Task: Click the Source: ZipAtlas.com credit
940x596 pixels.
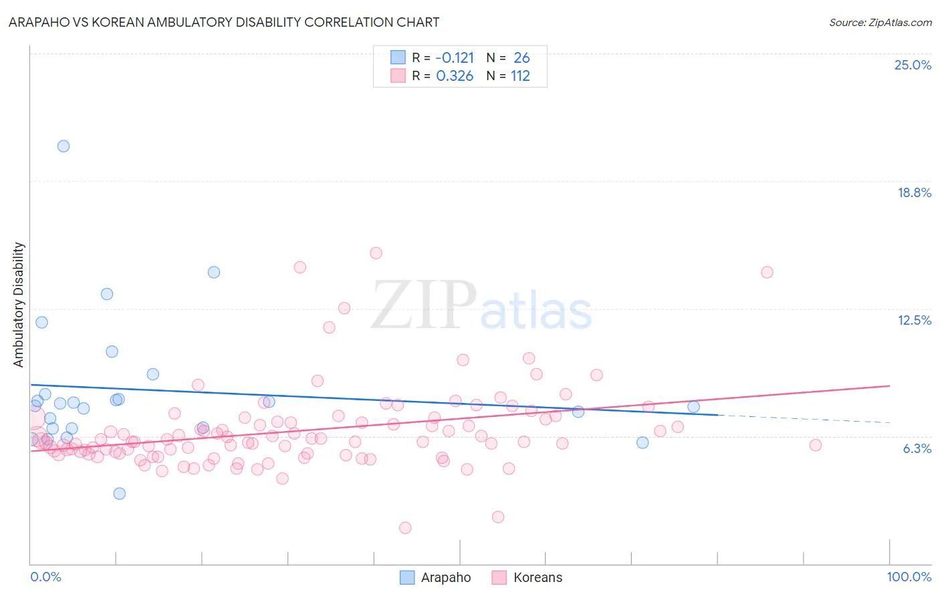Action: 880,22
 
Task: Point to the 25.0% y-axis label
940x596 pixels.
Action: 913,65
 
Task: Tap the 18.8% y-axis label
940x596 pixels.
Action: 914,192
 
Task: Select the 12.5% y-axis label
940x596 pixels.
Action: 914,320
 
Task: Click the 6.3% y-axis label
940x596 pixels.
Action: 917,448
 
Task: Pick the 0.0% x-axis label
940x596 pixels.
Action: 45,577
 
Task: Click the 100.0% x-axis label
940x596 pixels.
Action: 909,577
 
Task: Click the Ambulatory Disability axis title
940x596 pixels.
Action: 19,305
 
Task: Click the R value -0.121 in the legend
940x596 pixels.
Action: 455,57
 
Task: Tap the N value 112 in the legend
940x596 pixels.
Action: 520,76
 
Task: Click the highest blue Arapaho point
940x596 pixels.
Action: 64,146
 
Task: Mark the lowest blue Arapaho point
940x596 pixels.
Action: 120,494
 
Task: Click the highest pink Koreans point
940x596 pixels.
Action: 376,253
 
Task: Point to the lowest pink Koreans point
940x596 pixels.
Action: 405,528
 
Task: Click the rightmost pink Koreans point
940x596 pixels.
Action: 815,445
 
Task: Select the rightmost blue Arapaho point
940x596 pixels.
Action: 693,407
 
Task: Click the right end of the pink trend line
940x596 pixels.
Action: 890,386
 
